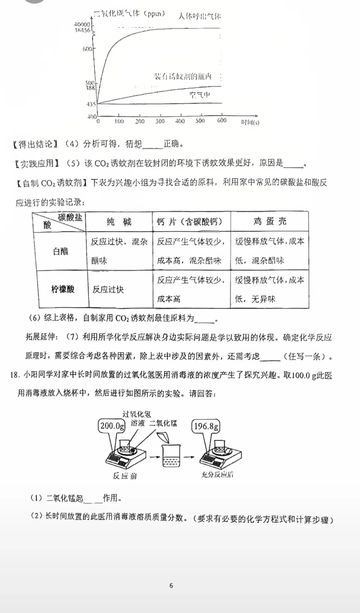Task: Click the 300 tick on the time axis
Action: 160,121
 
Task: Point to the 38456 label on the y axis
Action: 82,30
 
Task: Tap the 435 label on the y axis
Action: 91,104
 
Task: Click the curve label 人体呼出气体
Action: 199,16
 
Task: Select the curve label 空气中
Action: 200,95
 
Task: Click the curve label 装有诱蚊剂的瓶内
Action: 183,76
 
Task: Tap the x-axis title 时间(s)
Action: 250,122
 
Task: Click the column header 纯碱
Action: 119,222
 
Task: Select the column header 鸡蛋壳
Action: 269,222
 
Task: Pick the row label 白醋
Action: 60,251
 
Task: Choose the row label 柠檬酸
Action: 63,289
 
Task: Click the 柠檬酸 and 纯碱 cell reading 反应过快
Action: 108,290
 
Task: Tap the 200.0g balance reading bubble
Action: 112,426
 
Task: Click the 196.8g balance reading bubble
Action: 206,426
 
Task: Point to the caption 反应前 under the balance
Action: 125,476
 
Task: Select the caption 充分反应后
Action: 217,475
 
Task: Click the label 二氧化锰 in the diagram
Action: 163,423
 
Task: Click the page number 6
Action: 171,586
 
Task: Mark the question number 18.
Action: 15,375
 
